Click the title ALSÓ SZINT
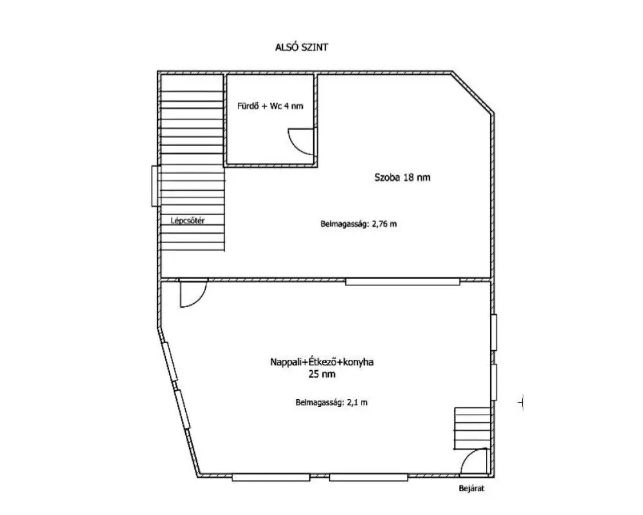pyautogui.click(x=302, y=47)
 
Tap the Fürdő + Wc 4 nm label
pyautogui.click(x=270, y=106)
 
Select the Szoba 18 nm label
pyautogui.click(x=403, y=178)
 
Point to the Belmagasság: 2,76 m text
pyautogui.click(x=358, y=224)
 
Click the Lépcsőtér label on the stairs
pyautogui.click(x=187, y=221)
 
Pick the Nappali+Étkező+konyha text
pyautogui.click(x=322, y=362)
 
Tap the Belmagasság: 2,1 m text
pyautogui.click(x=331, y=402)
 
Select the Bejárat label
pyautogui.click(x=471, y=489)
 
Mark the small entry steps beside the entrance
pyautogui.click(x=472, y=428)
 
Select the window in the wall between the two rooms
pyautogui.click(x=403, y=281)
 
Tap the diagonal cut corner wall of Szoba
pyautogui.click(x=473, y=93)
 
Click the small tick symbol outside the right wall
pyautogui.click(x=521, y=402)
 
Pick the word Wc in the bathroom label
pyautogui.click(x=276, y=106)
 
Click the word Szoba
pyautogui.click(x=386, y=178)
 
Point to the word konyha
pyautogui.click(x=358, y=362)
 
